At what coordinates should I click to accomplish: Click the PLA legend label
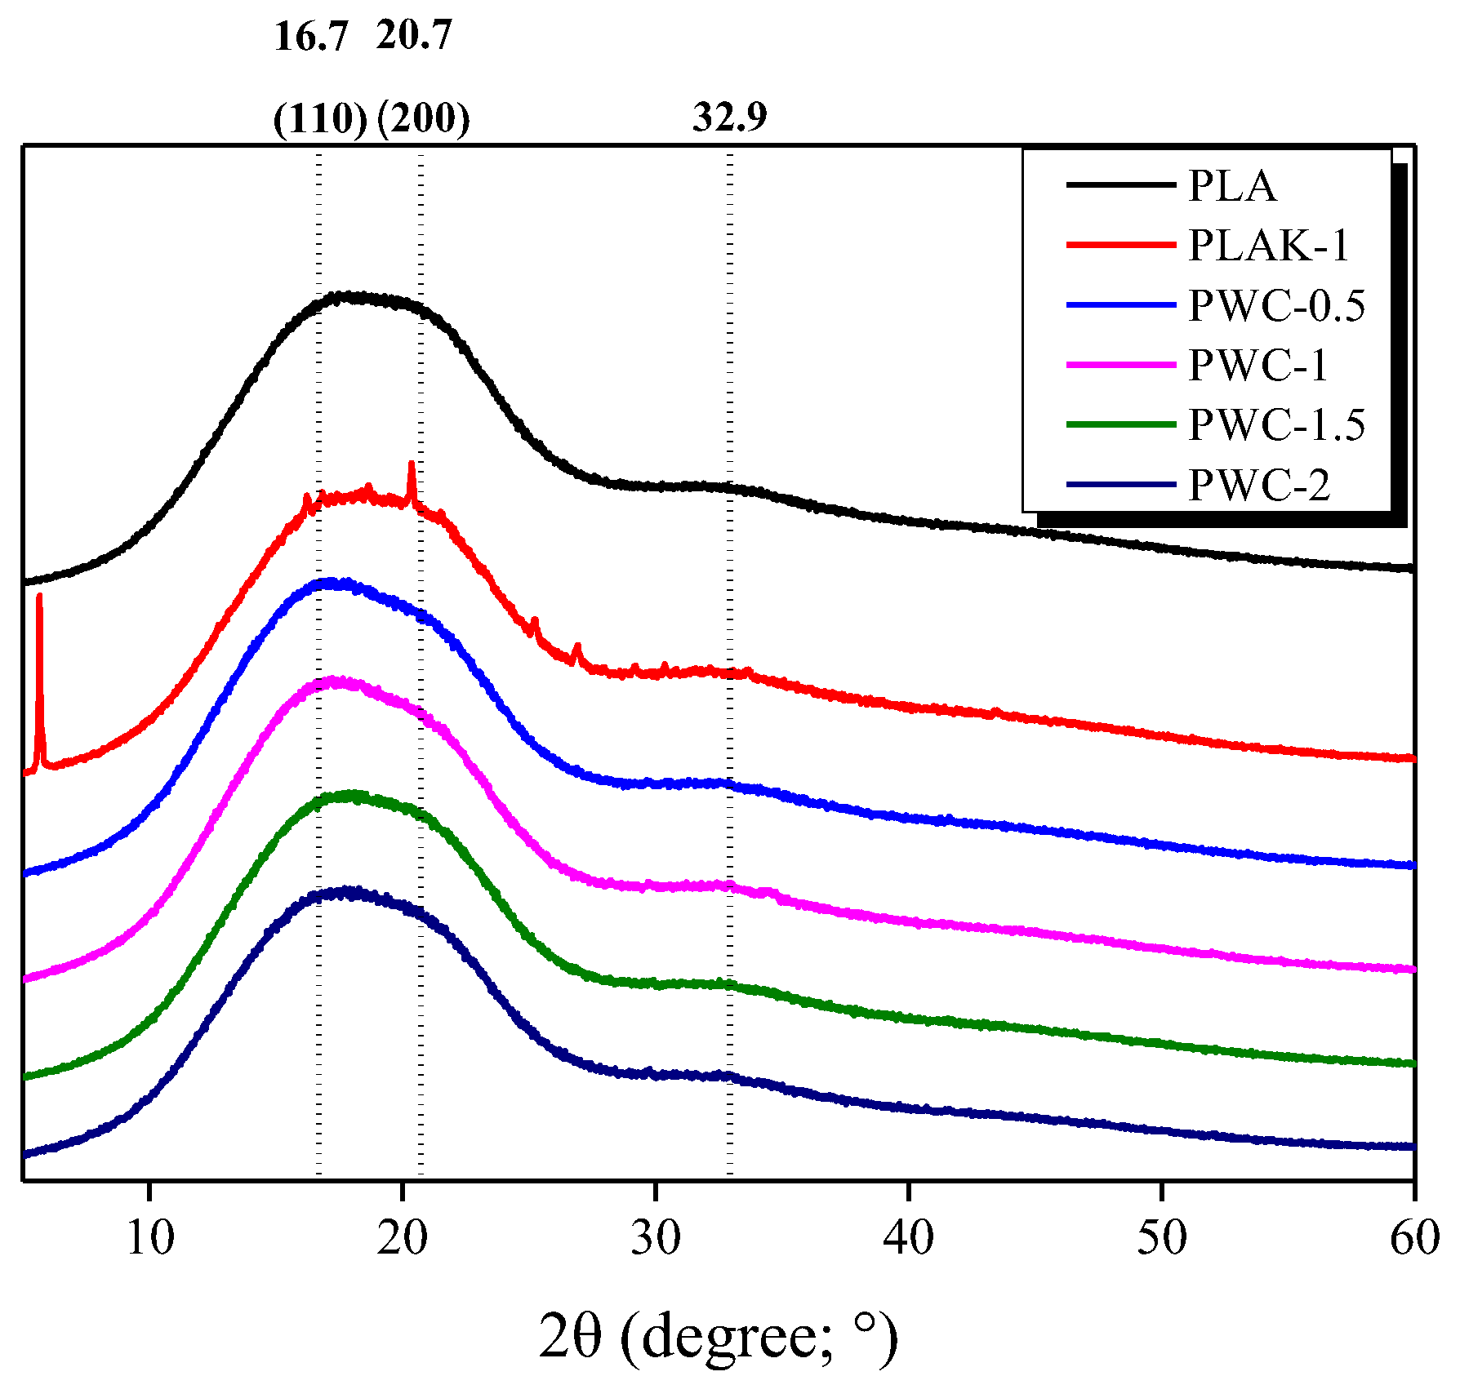tap(1231, 186)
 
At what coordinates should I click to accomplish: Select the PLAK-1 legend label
tap(1269, 246)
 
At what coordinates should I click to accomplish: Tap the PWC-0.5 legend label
tap(1276, 306)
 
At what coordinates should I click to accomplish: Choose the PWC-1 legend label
tap(1258, 365)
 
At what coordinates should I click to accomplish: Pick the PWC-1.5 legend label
tap(1276, 425)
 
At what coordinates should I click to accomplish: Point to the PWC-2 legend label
tap(1258, 486)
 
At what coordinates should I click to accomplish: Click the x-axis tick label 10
tap(150, 1238)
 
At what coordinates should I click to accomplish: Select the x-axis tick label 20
tap(403, 1238)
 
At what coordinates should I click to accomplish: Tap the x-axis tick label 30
tap(656, 1238)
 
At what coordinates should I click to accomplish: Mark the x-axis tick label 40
tap(908, 1238)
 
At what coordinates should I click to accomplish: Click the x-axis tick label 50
tap(1161, 1238)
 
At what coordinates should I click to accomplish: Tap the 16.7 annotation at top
tap(311, 37)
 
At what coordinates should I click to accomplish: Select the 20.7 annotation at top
tap(414, 35)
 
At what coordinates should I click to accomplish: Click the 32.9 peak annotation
tap(730, 117)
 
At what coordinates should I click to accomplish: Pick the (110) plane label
tap(320, 120)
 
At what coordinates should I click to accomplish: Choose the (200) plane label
tap(424, 119)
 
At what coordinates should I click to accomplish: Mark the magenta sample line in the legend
tap(1120, 365)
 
